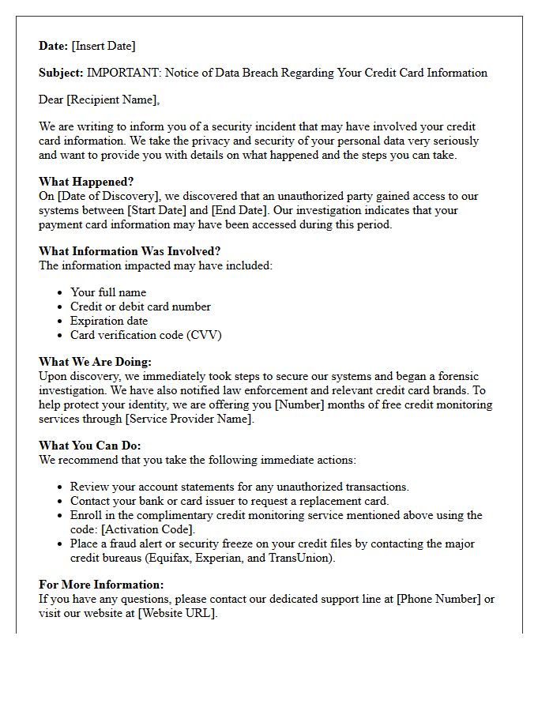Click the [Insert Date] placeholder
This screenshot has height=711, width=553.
click(103, 46)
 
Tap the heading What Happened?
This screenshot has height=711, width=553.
click(86, 182)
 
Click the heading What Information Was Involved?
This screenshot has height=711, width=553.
click(130, 251)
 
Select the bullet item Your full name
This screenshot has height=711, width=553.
click(108, 292)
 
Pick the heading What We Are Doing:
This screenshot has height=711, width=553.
click(95, 362)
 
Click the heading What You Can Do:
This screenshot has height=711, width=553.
click(90, 446)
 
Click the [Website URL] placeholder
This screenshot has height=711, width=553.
click(177, 613)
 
